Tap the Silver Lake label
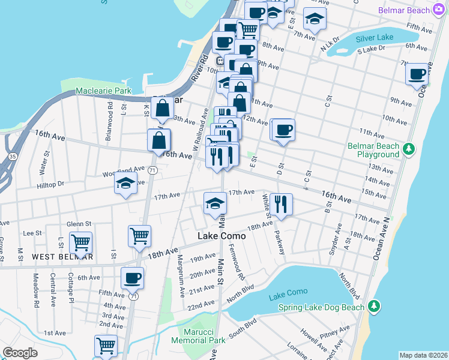(374, 37)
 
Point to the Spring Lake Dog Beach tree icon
(374, 307)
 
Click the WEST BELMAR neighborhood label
(62, 257)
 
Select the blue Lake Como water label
(288, 292)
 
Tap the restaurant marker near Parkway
(281, 204)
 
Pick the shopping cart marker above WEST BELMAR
(80, 242)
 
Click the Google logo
(20, 353)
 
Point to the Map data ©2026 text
(423, 355)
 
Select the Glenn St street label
(79, 224)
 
